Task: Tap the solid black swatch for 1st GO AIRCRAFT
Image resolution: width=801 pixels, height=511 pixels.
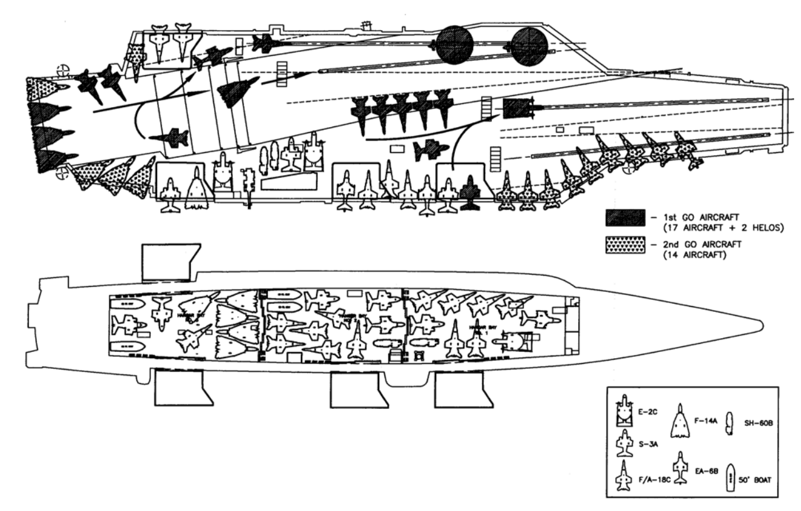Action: (624, 218)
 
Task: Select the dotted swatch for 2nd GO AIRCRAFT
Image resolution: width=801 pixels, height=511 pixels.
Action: (624, 246)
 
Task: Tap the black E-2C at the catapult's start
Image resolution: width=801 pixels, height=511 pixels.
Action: (517, 108)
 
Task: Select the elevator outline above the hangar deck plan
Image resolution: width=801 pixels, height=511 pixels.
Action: (169, 261)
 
